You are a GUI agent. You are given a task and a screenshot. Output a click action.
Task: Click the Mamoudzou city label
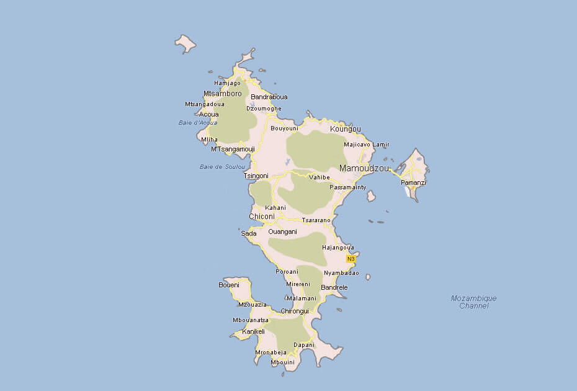pyautogui.click(x=364, y=168)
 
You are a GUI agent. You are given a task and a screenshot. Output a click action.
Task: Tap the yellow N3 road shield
pyautogui.click(x=351, y=258)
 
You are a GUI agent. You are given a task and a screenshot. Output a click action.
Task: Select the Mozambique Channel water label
pyautogui.click(x=473, y=302)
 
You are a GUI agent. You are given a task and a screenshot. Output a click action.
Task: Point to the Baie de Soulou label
pyautogui.click(x=222, y=166)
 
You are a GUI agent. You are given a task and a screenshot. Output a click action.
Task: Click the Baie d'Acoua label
pyautogui.click(x=197, y=122)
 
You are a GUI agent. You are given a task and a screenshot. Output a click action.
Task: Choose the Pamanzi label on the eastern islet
pyautogui.click(x=413, y=182)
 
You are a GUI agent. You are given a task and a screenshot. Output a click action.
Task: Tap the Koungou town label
pyautogui.click(x=346, y=129)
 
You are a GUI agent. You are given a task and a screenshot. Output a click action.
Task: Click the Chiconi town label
pyautogui.click(x=261, y=217)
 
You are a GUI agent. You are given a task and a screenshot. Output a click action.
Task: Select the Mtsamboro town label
pyautogui.click(x=222, y=94)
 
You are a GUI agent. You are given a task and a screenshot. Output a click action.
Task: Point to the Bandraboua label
pyautogui.click(x=269, y=97)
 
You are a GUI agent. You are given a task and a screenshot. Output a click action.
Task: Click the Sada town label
pyautogui.click(x=248, y=233)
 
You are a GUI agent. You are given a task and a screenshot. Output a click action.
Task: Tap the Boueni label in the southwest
pyautogui.click(x=228, y=285)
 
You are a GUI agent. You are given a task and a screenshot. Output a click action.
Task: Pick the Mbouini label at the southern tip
pyautogui.click(x=282, y=362)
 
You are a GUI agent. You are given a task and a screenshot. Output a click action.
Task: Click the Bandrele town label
pyautogui.click(x=334, y=288)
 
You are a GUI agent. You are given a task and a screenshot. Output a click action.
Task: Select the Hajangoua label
pyautogui.click(x=338, y=247)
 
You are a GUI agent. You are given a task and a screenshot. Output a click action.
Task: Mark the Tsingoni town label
pyautogui.click(x=256, y=176)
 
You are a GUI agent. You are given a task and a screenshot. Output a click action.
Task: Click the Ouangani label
pyautogui.click(x=282, y=231)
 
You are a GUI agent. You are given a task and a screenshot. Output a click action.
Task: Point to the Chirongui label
pyautogui.click(x=295, y=311)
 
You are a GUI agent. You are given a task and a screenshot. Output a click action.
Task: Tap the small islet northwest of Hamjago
pyautogui.click(x=185, y=43)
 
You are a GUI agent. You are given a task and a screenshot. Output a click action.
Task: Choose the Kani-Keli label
pyautogui.click(x=253, y=331)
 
